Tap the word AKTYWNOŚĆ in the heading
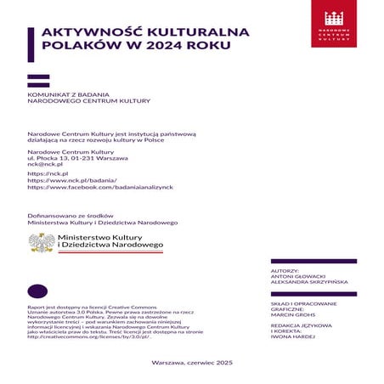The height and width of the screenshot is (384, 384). pos(82,33)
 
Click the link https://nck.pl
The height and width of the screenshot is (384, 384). pos(48,173)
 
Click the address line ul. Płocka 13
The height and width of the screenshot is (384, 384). pos(77,158)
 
